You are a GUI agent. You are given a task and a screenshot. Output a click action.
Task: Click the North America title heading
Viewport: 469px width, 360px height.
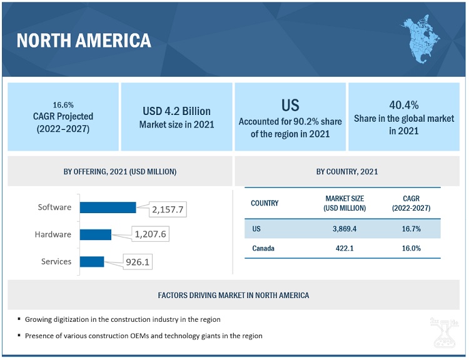pos(84,41)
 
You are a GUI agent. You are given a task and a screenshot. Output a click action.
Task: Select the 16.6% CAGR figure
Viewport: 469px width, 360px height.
pos(63,104)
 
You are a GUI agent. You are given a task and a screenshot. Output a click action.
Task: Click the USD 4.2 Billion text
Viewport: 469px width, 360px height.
pos(176,111)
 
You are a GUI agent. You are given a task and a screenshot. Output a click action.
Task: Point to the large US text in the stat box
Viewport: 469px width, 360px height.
pos(290,104)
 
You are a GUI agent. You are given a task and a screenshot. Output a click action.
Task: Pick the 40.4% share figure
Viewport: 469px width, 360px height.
pos(403,104)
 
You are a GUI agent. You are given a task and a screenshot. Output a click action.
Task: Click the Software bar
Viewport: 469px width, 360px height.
pos(108,207)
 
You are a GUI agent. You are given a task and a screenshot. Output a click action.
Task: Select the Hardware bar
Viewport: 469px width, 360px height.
pos(95,234)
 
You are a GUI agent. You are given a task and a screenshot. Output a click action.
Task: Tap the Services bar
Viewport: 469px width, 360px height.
pos(92,261)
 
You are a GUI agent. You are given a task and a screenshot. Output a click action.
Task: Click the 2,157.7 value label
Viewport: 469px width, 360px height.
pos(169,210)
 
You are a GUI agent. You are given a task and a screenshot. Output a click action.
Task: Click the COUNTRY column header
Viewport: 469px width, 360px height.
pos(265,203)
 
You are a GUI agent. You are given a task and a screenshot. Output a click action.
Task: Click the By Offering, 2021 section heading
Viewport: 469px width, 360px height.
pos(120,171)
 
